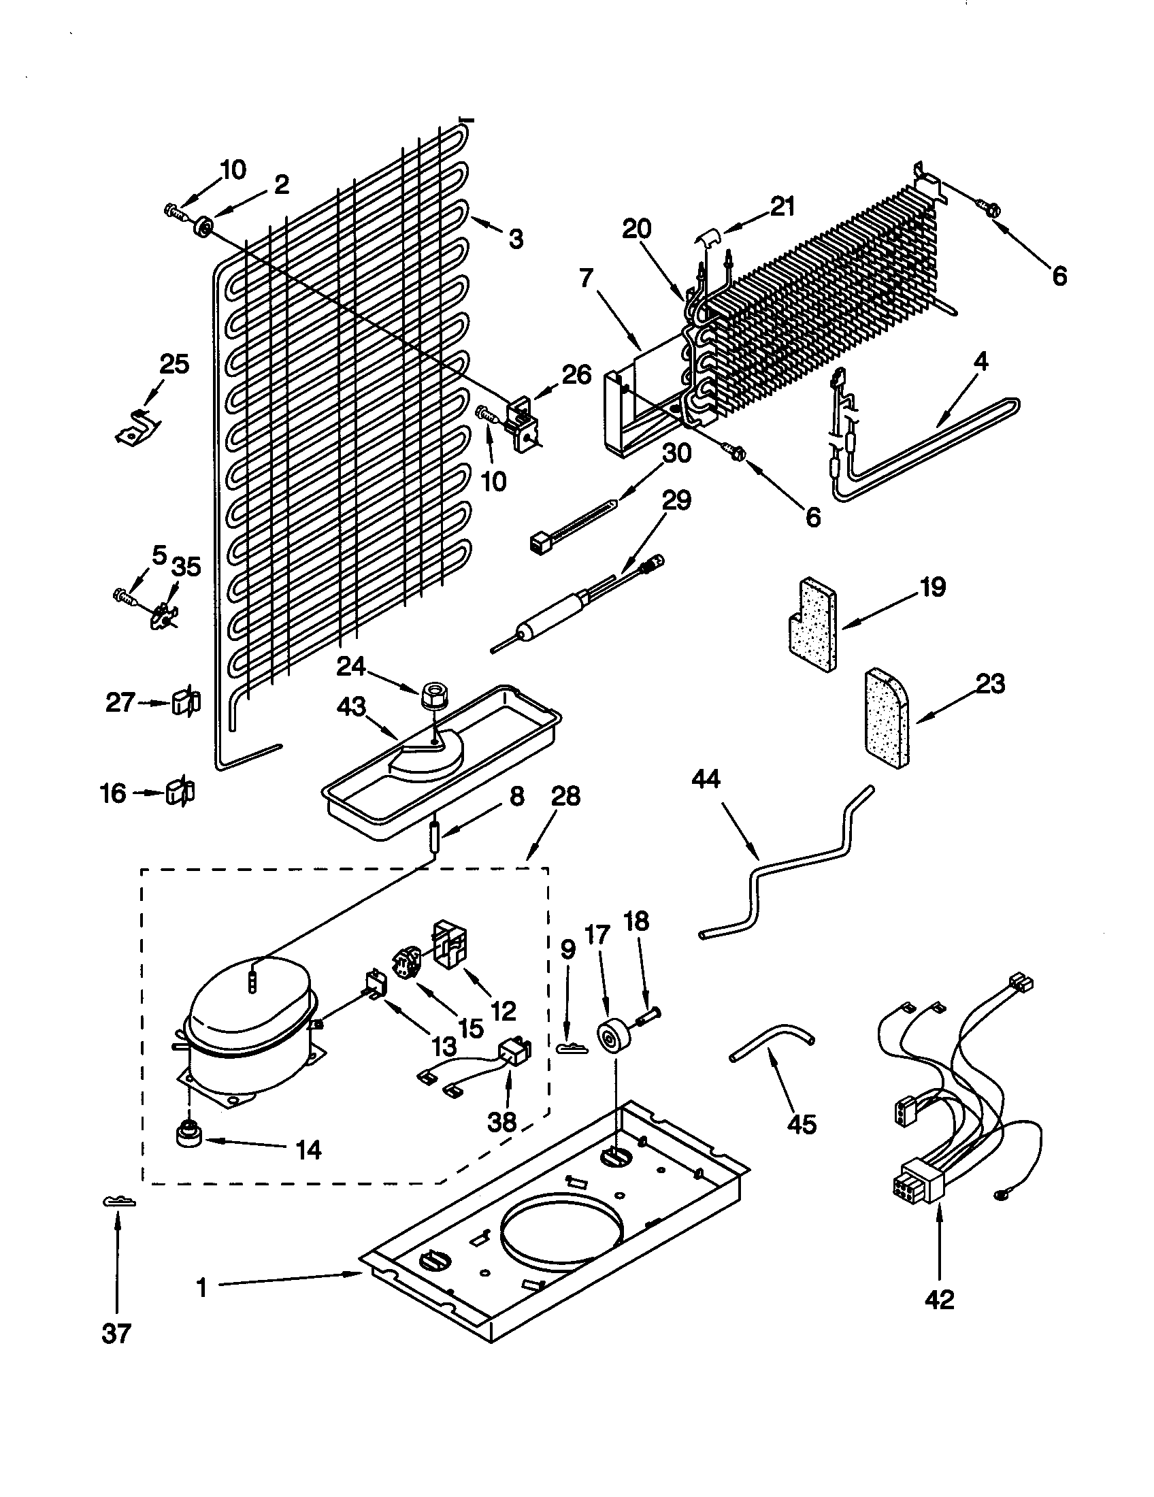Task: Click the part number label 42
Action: (x=939, y=1299)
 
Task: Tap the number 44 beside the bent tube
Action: (x=706, y=780)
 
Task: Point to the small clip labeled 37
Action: (x=118, y=1201)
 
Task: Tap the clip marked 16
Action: (x=180, y=793)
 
